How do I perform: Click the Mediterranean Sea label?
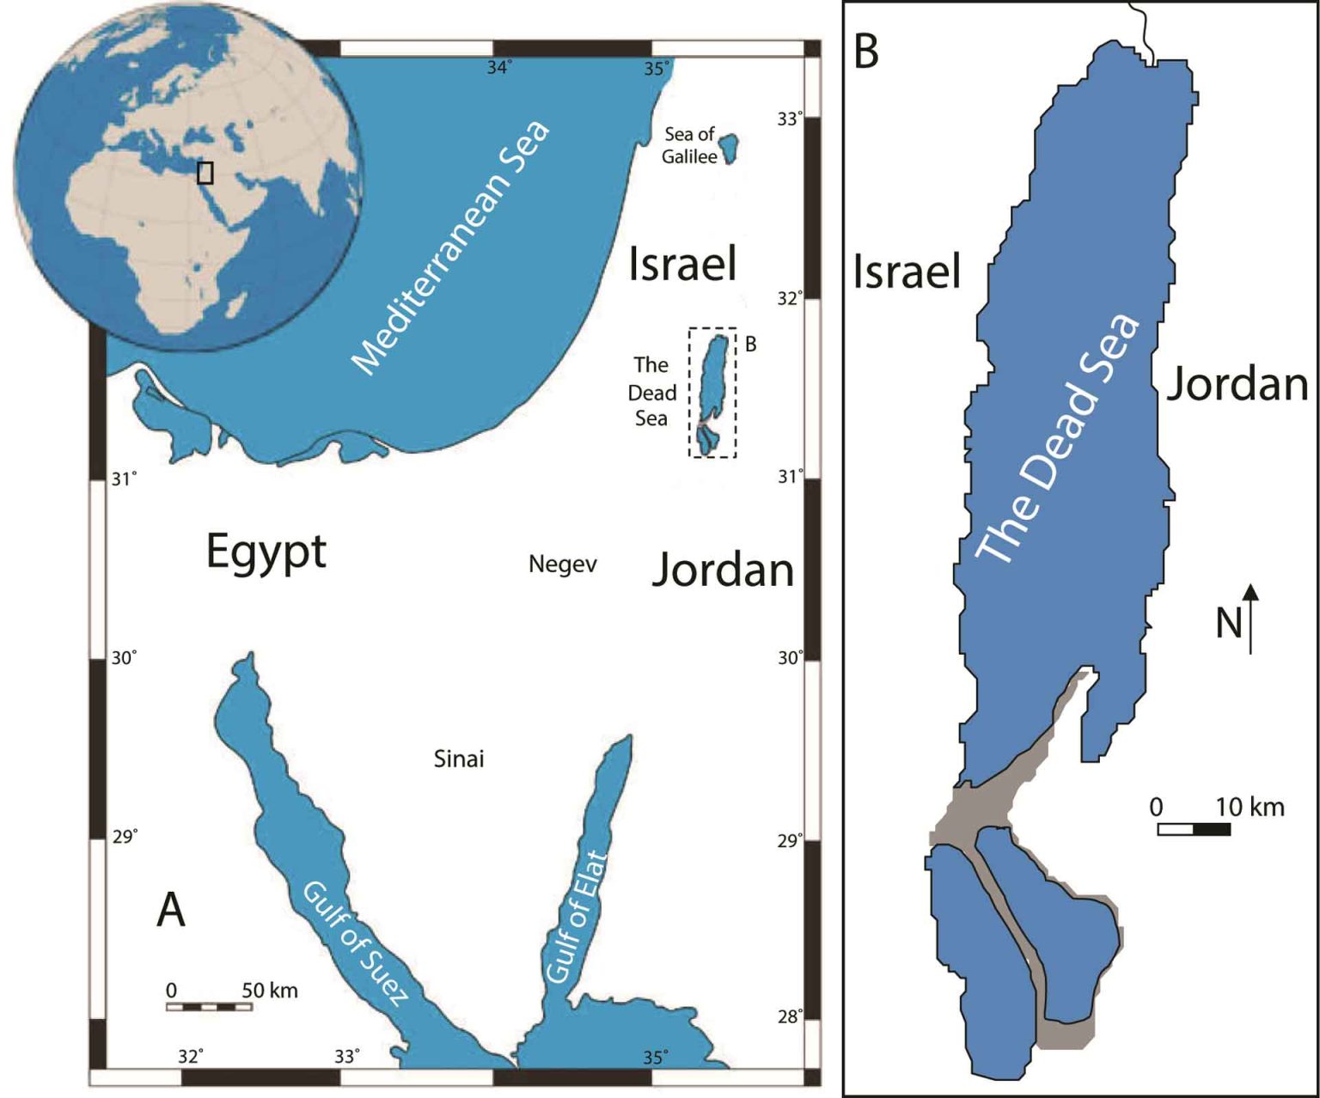coord(451,249)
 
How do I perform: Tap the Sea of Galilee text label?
coord(689,145)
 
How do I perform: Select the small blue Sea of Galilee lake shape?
coord(730,148)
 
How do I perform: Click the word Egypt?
coord(266,552)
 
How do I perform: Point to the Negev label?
coord(562,564)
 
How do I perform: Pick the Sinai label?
coord(459,759)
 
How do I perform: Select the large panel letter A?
coord(171,909)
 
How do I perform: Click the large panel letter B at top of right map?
coord(866,52)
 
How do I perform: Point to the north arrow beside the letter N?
coord(1251,619)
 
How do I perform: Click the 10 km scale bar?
coord(1194,829)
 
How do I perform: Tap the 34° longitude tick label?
coord(499,68)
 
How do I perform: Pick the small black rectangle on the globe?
coord(205,173)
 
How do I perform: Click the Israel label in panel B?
coord(907,272)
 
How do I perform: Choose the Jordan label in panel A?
coord(723,570)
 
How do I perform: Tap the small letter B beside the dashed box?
coord(750,344)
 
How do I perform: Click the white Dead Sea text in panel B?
coord(1059,440)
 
